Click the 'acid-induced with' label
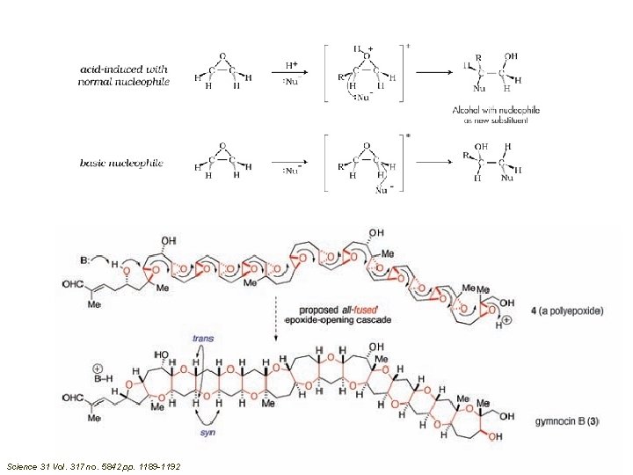[x=124, y=69]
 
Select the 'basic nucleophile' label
[x=121, y=164]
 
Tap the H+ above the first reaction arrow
[x=292, y=65]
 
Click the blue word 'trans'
[x=203, y=338]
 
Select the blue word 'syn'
[x=205, y=433]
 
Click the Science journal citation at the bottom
[x=92, y=465]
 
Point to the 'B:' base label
[x=84, y=260]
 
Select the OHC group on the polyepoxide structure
[x=76, y=283]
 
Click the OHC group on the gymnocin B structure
[x=76, y=405]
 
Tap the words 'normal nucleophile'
[x=123, y=82]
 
